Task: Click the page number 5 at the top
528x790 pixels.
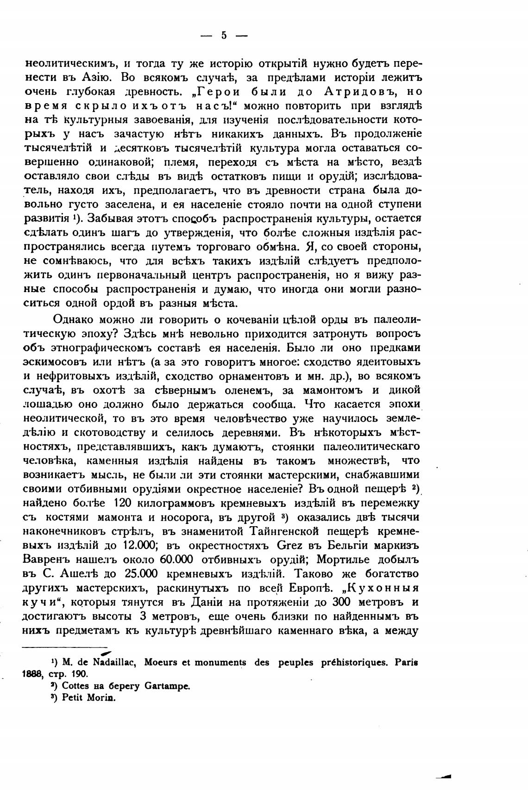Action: point(224,36)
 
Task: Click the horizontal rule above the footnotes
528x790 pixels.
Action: point(65,647)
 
